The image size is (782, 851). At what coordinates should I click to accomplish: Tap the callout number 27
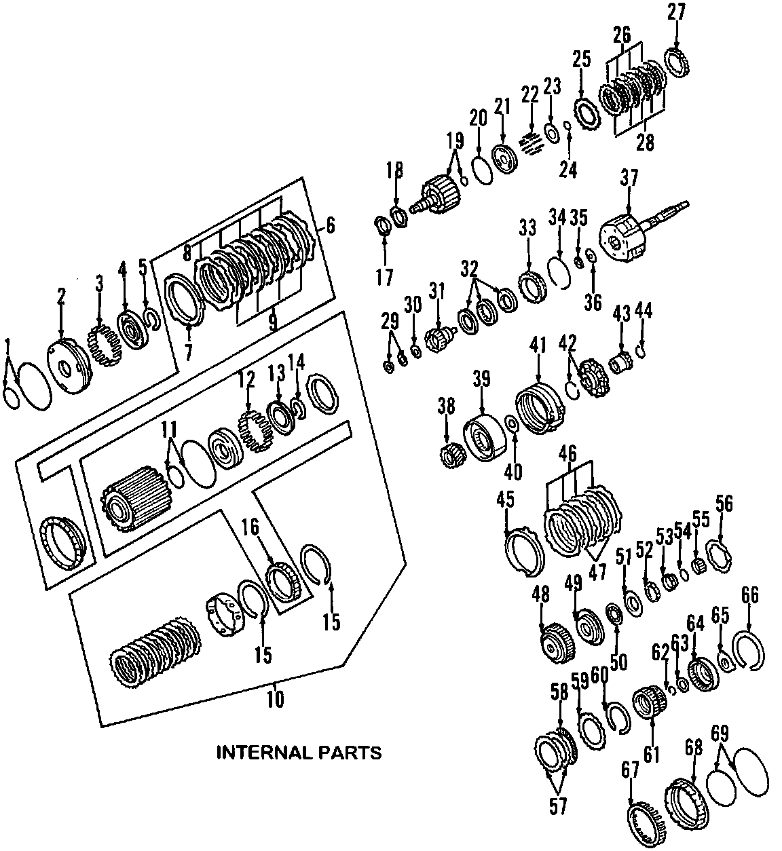tap(676, 12)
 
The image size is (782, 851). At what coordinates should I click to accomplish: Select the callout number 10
tap(276, 699)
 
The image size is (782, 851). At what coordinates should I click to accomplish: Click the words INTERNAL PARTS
tap(299, 753)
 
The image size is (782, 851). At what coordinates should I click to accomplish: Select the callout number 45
tap(506, 499)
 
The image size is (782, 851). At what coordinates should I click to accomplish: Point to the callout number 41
tap(538, 346)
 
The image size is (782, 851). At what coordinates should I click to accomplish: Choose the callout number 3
tap(99, 283)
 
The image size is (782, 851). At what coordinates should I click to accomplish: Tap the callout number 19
tap(455, 141)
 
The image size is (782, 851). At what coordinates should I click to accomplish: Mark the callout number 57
tap(559, 806)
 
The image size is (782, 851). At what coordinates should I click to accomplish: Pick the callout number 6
tap(329, 226)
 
